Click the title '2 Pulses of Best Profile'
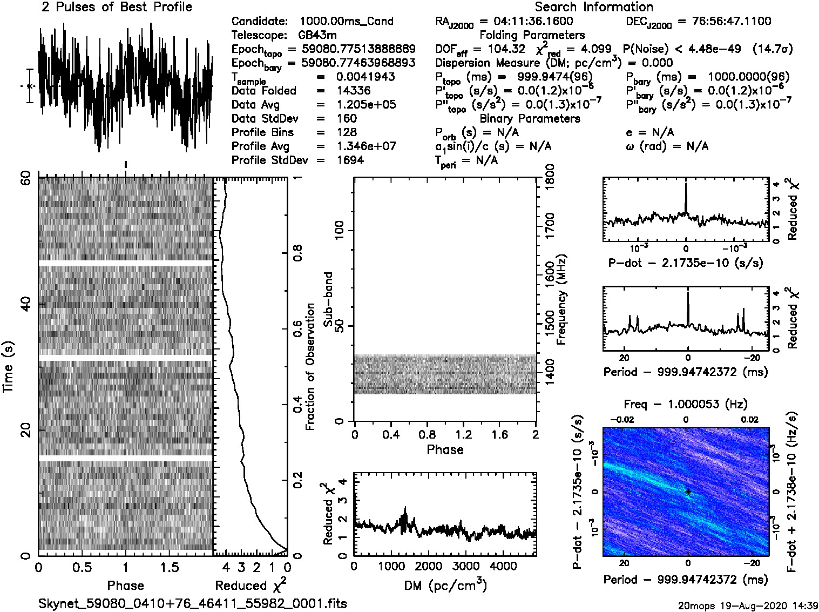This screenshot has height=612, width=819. click(x=117, y=7)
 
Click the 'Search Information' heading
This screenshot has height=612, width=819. click(x=594, y=7)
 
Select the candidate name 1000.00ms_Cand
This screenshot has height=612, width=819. click(x=346, y=22)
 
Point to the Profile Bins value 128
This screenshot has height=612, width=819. click(x=346, y=132)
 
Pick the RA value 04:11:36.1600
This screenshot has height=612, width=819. click(x=533, y=22)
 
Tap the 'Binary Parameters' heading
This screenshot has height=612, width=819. click(x=530, y=119)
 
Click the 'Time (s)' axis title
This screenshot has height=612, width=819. click(x=8, y=367)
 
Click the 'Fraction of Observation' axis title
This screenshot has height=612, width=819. click(x=310, y=367)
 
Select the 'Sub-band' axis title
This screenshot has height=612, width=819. click(x=328, y=299)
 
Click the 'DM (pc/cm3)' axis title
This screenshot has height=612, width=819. click(x=445, y=586)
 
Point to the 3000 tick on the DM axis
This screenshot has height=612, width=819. click(x=465, y=566)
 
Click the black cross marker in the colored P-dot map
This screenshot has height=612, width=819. click(x=688, y=492)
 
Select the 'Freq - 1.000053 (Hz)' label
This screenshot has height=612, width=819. click(x=686, y=404)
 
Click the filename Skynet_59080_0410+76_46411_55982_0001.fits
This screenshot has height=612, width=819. click(x=193, y=603)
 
